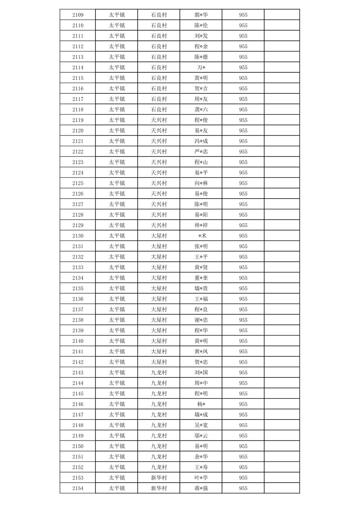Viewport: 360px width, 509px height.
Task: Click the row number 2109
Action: [78, 15]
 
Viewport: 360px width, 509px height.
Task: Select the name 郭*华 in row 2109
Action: [201, 15]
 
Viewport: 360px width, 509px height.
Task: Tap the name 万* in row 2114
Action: [201, 67]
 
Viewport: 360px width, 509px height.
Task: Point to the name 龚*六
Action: [201, 110]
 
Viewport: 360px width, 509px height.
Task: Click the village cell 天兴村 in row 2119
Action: [159, 120]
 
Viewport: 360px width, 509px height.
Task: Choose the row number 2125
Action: [78, 183]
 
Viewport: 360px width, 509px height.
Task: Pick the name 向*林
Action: [201, 183]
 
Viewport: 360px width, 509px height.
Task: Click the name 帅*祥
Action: [201, 225]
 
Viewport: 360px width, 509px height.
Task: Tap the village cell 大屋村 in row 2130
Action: [159, 236]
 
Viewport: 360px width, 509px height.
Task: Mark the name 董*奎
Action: [201, 278]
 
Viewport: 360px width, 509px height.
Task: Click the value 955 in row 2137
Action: [243, 309]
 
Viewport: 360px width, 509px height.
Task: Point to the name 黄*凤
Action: [201, 352]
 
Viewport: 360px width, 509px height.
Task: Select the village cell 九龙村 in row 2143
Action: [159, 372]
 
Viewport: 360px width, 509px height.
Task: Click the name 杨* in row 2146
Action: [201, 404]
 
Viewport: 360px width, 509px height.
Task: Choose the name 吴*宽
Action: [201, 425]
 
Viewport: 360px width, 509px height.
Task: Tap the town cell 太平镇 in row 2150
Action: [117, 446]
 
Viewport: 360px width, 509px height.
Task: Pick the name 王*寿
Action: [201, 467]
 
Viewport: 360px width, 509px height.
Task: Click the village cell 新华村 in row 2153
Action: [159, 478]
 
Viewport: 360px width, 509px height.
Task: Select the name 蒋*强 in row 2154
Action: [201, 488]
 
